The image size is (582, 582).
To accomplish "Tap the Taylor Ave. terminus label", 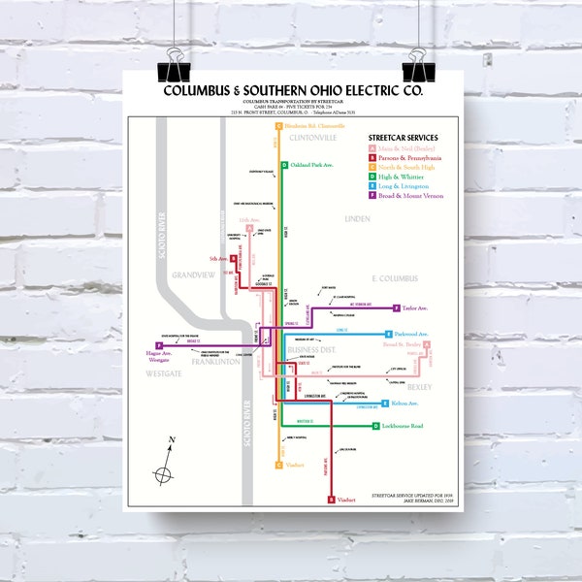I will [414, 308].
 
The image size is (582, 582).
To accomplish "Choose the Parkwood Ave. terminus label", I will [411, 334].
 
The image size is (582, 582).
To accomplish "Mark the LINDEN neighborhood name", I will [357, 219].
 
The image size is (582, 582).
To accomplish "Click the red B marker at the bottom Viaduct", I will [331, 500].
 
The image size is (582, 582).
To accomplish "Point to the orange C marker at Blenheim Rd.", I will [278, 126].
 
